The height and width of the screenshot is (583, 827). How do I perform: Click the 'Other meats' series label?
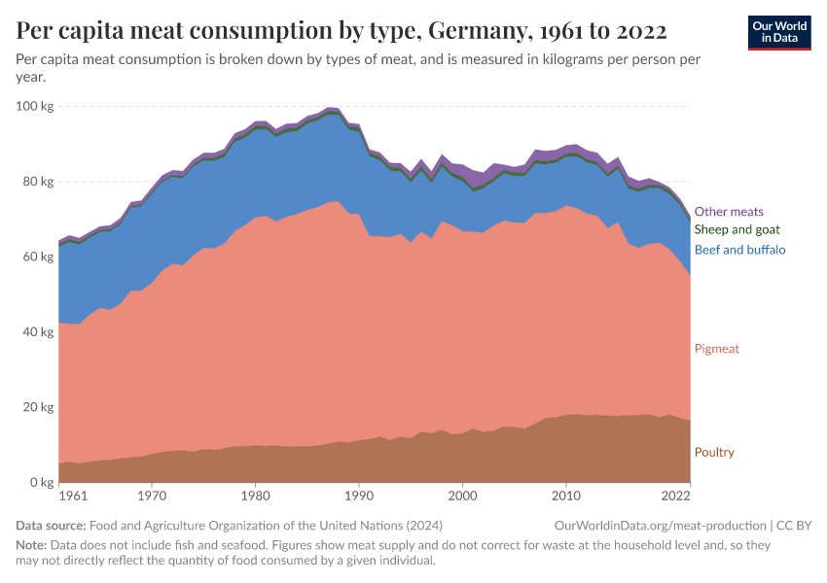pyautogui.click(x=728, y=212)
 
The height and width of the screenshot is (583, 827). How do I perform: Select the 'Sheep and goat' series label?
pyautogui.click(x=737, y=230)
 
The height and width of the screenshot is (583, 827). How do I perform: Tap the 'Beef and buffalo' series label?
pyautogui.click(x=739, y=250)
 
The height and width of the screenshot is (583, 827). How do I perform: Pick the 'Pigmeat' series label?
pyautogui.click(x=716, y=349)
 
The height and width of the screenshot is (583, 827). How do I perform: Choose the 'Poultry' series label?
pyautogui.click(x=714, y=453)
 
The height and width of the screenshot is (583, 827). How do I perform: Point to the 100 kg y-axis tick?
pyautogui.click(x=35, y=106)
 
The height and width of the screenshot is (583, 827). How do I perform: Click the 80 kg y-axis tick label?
pyautogui.click(x=38, y=182)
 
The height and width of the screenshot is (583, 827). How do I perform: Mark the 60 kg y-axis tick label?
pyautogui.click(x=38, y=257)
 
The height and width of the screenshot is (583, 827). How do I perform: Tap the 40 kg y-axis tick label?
pyautogui.click(x=38, y=332)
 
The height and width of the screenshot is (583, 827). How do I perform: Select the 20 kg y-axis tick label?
pyautogui.click(x=38, y=407)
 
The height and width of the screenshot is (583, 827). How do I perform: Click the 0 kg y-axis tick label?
pyautogui.click(x=41, y=483)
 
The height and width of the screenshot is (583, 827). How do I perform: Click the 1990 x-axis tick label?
pyautogui.click(x=359, y=497)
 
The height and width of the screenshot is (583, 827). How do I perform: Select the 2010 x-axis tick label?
pyautogui.click(x=566, y=497)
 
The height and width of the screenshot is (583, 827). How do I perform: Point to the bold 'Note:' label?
pyautogui.click(x=32, y=546)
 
